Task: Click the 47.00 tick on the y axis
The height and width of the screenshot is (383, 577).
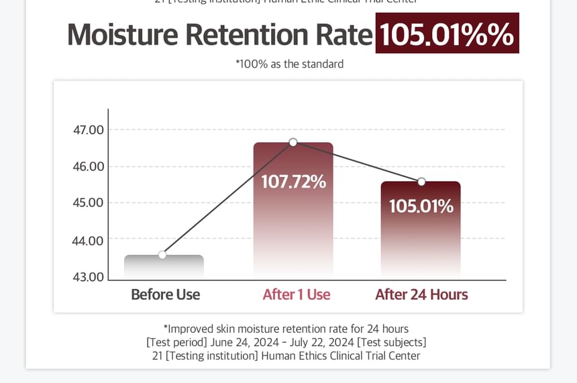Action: click(88, 129)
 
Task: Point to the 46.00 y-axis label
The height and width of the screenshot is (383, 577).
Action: click(88, 166)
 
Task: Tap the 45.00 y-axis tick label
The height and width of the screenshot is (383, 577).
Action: click(88, 203)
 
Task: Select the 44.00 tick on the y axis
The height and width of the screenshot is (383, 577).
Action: click(88, 240)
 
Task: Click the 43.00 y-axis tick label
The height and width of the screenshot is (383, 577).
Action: click(88, 276)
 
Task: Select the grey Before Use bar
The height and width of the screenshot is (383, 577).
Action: click(164, 267)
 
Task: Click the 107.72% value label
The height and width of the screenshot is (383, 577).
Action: click(293, 181)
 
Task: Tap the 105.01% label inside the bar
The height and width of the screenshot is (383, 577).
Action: click(421, 206)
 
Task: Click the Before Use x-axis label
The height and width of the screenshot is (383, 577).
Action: click(165, 294)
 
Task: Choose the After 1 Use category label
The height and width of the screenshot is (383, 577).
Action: click(296, 294)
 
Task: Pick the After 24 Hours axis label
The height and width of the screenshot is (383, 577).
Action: click(421, 294)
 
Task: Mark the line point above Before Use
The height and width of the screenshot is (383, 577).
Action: click(162, 255)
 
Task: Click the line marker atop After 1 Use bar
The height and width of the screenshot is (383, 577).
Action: click(293, 142)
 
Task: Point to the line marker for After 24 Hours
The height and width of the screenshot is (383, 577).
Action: click(421, 182)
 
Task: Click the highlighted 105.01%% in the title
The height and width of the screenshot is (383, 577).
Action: click(447, 34)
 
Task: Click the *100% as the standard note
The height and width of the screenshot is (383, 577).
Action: click(289, 64)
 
